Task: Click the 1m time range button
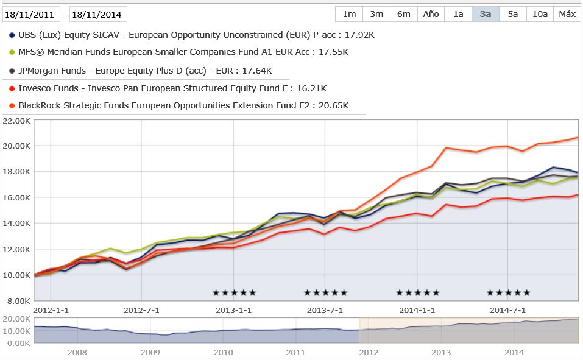pyautogui.click(x=349, y=14)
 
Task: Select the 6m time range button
pyautogui.click(x=403, y=14)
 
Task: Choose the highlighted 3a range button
pyautogui.click(x=486, y=14)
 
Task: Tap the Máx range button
pyautogui.click(x=567, y=14)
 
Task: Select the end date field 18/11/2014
pyautogui.click(x=98, y=14)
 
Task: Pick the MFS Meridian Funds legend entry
pyautogui.click(x=183, y=52)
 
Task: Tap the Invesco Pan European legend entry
pyautogui.click(x=172, y=88)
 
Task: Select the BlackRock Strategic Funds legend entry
pyautogui.click(x=183, y=105)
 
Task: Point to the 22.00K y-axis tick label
pyautogui.click(x=16, y=121)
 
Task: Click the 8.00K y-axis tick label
pyautogui.click(x=18, y=300)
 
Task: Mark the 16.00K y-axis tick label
pyautogui.click(x=16, y=197)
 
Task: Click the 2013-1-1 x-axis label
pyautogui.click(x=235, y=310)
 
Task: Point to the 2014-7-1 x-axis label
pyautogui.click(x=508, y=310)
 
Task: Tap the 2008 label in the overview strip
pyautogui.click(x=77, y=352)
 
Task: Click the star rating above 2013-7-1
pyautogui.click(x=325, y=293)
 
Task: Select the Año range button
pyautogui.click(x=431, y=14)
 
